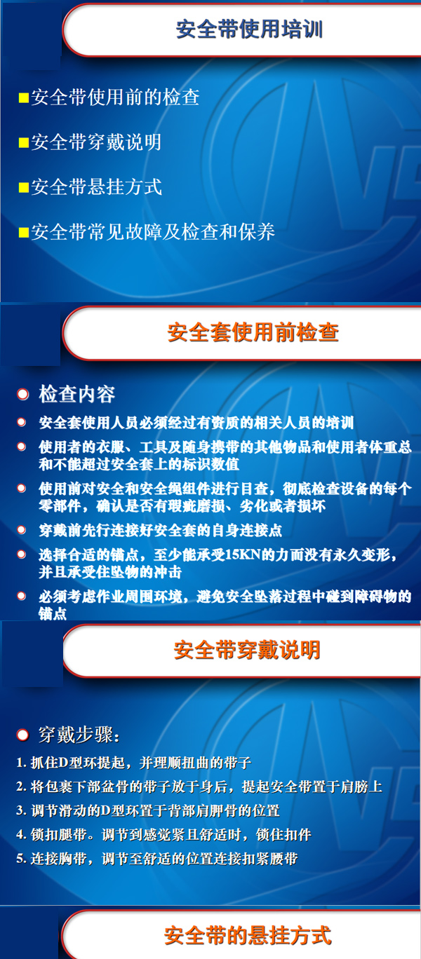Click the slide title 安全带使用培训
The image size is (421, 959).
click(x=249, y=29)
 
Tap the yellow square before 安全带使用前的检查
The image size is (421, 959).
click(x=24, y=98)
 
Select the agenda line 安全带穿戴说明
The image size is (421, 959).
click(x=96, y=142)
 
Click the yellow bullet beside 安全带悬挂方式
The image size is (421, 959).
click(x=24, y=187)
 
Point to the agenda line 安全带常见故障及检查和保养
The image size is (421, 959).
click(x=153, y=232)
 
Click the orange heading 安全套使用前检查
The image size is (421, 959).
click(x=253, y=332)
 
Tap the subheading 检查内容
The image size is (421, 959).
click(x=77, y=394)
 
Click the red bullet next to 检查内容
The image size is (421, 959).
click(x=22, y=394)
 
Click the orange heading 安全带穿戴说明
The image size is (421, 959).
click(x=247, y=650)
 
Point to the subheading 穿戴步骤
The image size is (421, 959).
click(x=76, y=735)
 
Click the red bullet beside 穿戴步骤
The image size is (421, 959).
click(x=22, y=735)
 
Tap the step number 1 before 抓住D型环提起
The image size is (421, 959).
click(x=20, y=763)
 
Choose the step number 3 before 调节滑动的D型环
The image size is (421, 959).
click(x=20, y=811)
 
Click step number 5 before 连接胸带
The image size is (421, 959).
click(x=20, y=859)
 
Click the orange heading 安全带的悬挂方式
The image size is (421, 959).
click(x=248, y=935)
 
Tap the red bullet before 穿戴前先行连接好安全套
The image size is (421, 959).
click(x=22, y=529)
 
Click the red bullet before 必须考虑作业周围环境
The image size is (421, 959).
click(x=22, y=596)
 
